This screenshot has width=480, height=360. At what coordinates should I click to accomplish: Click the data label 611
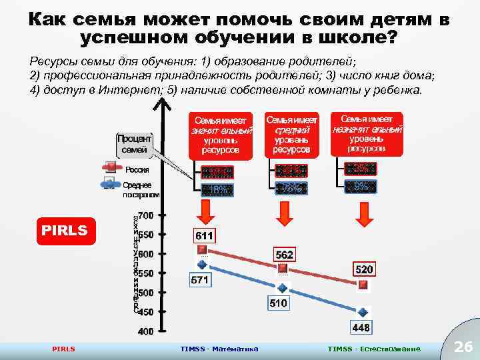pyautogui.click(x=204, y=235)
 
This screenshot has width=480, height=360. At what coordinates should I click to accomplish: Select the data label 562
pyautogui.click(x=285, y=255)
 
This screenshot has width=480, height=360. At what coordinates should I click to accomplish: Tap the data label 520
pyautogui.click(x=364, y=270)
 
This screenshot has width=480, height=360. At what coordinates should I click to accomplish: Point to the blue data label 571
pyautogui.click(x=200, y=281)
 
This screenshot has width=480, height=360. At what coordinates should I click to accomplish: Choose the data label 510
pyautogui.click(x=279, y=303)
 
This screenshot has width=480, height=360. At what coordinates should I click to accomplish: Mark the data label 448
pyautogui.click(x=361, y=327)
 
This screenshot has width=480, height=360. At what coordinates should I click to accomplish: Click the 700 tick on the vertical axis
pyautogui.click(x=146, y=215)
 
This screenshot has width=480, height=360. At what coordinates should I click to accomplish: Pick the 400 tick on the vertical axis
pyautogui.click(x=146, y=331)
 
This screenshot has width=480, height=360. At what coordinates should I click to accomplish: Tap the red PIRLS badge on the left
pyautogui.click(x=66, y=231)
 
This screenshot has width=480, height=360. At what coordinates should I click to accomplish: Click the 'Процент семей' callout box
pyautogui.click(x=134, y=144)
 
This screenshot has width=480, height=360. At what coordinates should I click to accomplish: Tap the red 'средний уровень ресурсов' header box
pyautogui.click(x=291, y=135)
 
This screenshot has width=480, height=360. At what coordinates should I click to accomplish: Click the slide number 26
pyautogui.click(x=462, y=347)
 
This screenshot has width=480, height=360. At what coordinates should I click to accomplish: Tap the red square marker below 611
pyautogui.click(x=202, y=249)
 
